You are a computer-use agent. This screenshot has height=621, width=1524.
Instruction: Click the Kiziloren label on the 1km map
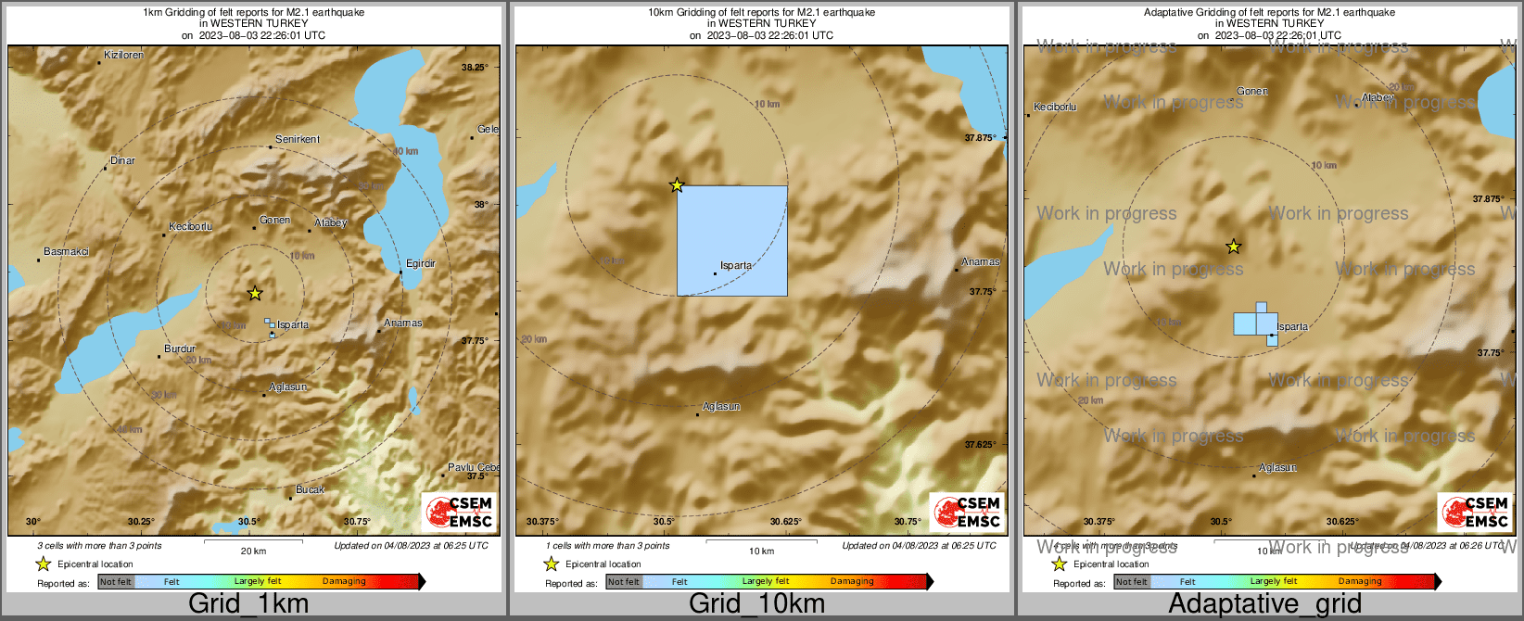[x=124, y=56]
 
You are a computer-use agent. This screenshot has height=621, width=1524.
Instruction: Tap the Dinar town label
[x=122, y=161]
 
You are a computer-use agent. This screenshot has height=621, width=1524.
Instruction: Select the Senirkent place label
[x=298, y=140]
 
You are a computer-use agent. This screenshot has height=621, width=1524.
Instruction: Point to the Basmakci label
[x=67, y=252]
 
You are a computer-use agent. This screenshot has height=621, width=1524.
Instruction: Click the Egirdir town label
[x=420, y=264]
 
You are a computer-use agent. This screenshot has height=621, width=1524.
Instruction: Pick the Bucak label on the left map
[x=310, y=489]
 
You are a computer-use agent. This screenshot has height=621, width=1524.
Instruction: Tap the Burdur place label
[x=180, y=349]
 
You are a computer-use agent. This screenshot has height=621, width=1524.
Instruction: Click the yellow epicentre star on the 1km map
[x=255, y=294]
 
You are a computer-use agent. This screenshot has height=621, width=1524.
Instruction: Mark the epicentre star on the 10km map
[x=677, y=185]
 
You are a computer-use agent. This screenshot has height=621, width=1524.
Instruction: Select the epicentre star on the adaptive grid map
[x=1233, y=247]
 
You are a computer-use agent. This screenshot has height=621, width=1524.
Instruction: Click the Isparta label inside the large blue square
[x=736, y=266]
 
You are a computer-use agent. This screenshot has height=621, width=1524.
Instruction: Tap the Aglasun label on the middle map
[x=721, y=407]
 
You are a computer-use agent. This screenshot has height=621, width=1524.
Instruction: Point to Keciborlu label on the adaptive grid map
[x=1056, y=108]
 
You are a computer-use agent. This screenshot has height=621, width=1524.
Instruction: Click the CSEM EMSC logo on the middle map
[x=968, y=512]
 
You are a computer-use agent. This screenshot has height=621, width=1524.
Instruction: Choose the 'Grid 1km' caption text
[x=248, y=604]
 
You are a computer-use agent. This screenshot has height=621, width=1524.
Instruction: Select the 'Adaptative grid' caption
[x=1264, y=604]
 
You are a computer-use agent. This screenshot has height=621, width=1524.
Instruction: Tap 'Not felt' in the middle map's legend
[x=624, y=582]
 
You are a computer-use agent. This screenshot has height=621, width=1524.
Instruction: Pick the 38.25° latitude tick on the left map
[x=475, y=67]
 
